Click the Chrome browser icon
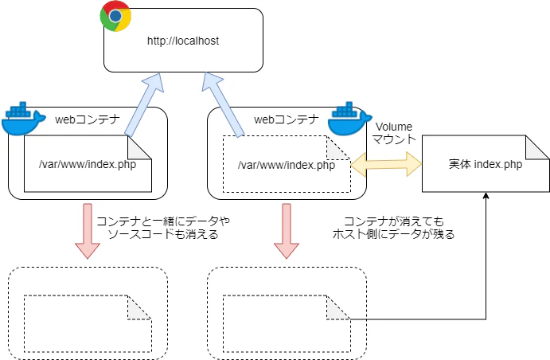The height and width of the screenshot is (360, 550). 116,16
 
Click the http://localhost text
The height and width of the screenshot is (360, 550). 183,41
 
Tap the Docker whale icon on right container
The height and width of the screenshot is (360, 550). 346,120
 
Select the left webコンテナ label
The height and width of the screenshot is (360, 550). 87,120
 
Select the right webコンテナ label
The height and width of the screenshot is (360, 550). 286,120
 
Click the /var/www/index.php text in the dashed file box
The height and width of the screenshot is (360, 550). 286,165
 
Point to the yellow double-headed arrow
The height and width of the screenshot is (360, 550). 386,165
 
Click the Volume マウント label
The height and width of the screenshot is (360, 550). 394,132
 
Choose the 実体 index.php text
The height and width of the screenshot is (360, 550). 485,165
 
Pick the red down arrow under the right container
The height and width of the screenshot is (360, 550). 283,231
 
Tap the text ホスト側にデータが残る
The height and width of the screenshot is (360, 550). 398,234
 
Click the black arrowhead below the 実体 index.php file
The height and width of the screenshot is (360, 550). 486,196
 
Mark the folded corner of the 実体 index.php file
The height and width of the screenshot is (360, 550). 539,145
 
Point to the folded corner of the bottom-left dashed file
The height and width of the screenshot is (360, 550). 141,307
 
